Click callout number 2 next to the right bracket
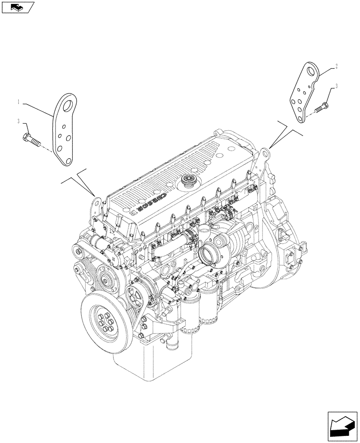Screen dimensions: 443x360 (x=337, y=66)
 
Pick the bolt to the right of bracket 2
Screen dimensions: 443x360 (x=322, y=107)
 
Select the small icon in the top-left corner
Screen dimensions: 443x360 (x=17, y=7)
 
